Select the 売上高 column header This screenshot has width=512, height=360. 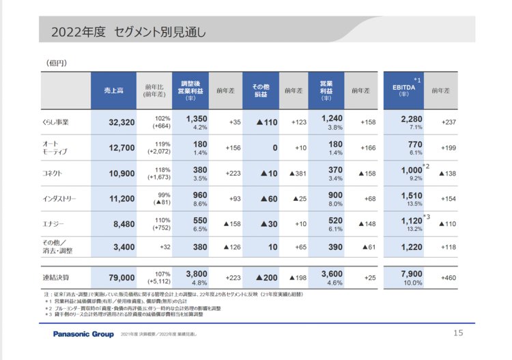(113, 90)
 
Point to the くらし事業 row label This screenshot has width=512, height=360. (56, 122)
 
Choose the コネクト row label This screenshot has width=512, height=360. (53, 174)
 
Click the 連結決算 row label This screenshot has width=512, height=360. (56, 277)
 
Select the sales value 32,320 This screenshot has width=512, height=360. (122, 122)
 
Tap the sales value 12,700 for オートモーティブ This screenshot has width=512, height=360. (122, 148)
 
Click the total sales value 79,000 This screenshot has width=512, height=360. (122, 277)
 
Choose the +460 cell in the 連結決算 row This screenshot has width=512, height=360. (448, 277)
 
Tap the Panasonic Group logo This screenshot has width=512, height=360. (84, 334)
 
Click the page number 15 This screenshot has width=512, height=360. (458, 333)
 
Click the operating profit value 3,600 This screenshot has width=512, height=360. (331, 273)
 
